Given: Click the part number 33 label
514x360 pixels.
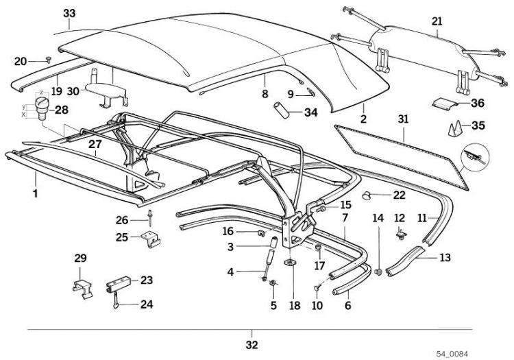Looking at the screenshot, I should click(x=69, y=14).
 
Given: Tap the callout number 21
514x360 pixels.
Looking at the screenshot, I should click(x=436, y=22).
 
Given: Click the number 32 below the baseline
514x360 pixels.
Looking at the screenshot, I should click(x=252, y=344).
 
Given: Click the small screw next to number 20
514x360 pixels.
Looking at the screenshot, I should click(x=47, y=60).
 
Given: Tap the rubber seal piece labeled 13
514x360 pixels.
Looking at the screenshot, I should click(x=412, y=263).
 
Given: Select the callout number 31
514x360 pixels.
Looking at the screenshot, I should click(x=403, y=119).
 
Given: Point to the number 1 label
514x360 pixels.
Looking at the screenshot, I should click(x=34, y=195).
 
